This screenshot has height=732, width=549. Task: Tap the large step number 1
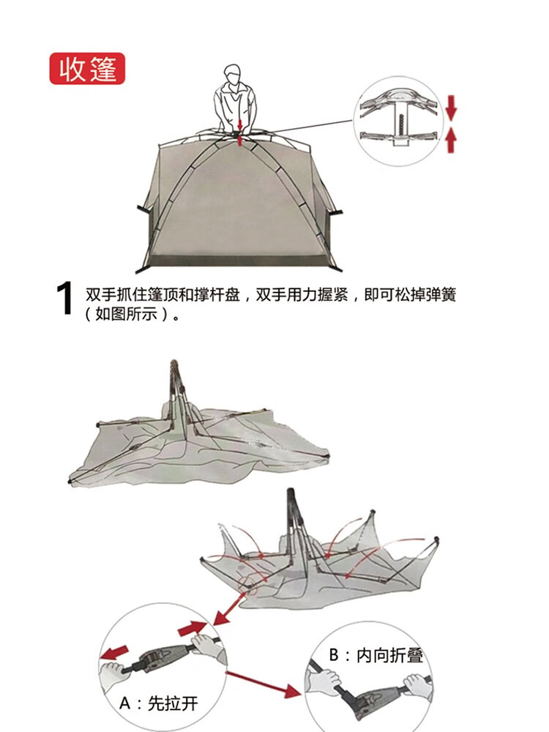[66, 300]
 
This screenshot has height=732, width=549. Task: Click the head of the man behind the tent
[232, 75]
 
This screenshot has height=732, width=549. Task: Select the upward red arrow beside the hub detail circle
[451, 139]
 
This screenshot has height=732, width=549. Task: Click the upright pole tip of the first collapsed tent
[174, 364]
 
